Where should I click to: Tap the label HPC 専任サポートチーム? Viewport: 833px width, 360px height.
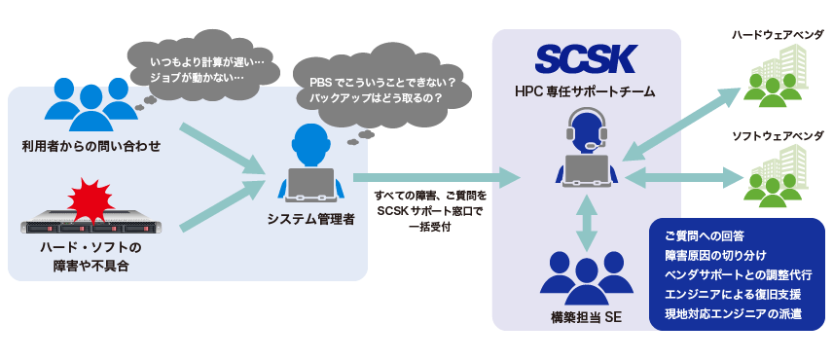586,91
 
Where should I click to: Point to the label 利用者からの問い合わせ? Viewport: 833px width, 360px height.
91,146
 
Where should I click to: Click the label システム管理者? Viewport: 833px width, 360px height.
311,219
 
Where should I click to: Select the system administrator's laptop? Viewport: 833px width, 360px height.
311,183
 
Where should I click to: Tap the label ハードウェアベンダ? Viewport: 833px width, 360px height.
778,35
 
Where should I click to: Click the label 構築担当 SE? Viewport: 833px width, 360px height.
586,318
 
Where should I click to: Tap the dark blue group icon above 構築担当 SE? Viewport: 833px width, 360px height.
585,276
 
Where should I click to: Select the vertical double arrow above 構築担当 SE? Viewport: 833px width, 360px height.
586,223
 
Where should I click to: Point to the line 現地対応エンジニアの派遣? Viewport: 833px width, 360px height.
732,314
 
